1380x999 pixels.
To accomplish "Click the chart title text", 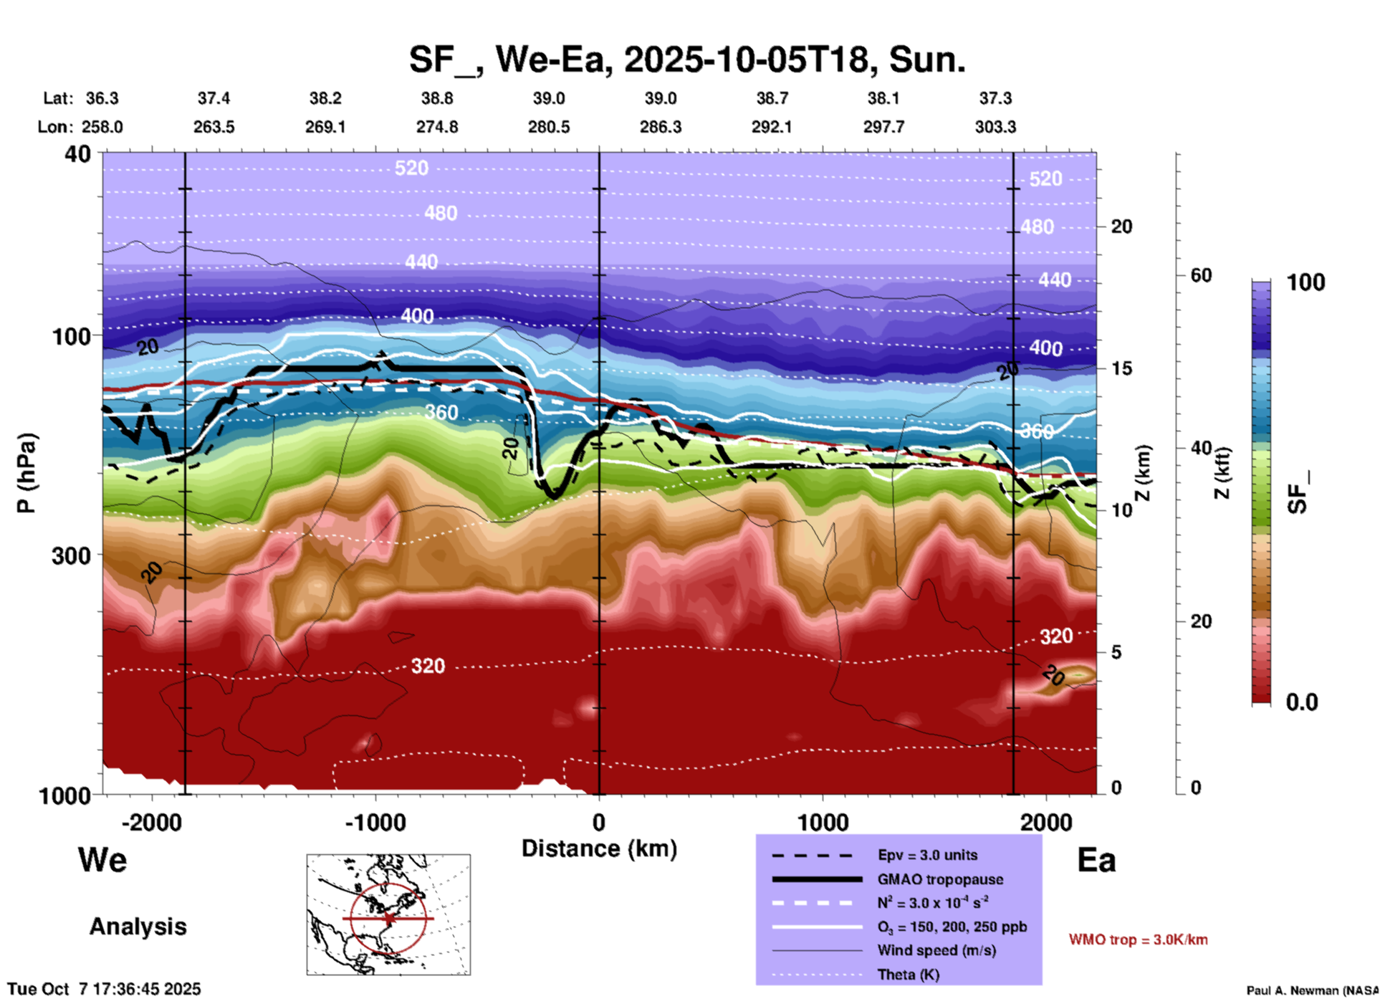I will [687, 59].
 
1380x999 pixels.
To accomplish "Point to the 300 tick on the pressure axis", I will [71, 555].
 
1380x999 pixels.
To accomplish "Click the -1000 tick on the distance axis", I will [375, 822].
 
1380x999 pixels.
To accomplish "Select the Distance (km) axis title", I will [599, 849].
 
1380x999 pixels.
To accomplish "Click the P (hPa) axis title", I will [27, 473].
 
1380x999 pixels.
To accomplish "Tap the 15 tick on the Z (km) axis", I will [1121, 368].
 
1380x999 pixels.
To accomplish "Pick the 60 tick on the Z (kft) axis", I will [1201, 275].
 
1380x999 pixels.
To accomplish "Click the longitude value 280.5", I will [549, 127].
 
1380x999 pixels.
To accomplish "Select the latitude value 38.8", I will [437, 98].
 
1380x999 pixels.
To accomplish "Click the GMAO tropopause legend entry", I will [940, 879].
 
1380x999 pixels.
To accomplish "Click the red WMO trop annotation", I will [1138, 940].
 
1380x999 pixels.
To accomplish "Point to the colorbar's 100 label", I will [1305, 282].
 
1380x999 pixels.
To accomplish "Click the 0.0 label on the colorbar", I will [1302, 702].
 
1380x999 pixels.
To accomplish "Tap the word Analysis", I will [138, 927].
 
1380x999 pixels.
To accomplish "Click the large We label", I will [102, 860].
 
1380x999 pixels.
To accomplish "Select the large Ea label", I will [1096, 860].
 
